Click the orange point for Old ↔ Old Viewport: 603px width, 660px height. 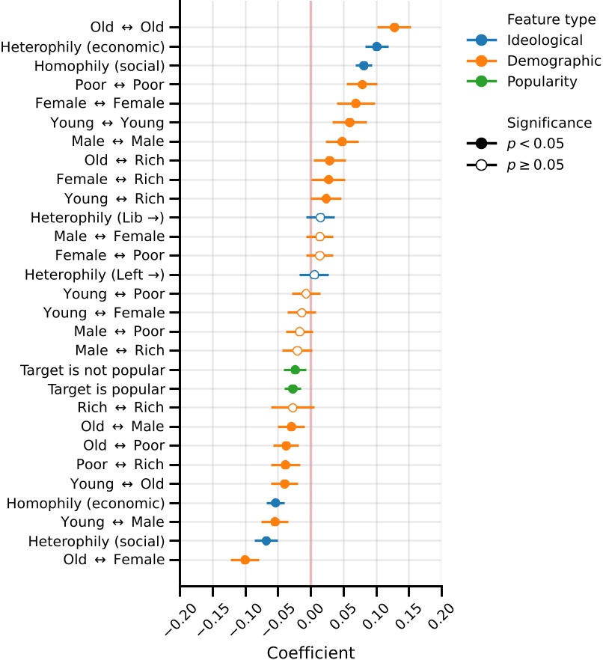tap(394, 28)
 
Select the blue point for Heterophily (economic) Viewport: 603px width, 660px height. tap(377, 46)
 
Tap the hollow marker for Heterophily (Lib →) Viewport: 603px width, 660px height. tap(320, 218)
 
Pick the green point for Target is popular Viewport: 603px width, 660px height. tap(293, 388)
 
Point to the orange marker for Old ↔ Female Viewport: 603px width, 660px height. tap(245, 559)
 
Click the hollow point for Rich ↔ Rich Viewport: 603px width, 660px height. tap(293, 408)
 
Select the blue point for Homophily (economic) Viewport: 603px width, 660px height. tap(275, 503)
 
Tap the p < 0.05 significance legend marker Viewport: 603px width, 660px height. tap(483, 144)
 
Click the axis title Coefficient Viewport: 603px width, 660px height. tap(310, 652)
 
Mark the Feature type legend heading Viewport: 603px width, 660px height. tap(551, 19)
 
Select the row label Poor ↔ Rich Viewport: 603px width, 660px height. tap(120, 465)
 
